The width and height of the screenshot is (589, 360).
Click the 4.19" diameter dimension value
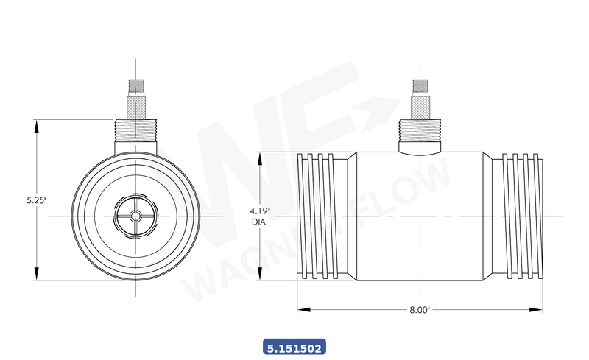click(259, 211)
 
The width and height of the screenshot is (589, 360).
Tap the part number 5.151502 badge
click(294, 345)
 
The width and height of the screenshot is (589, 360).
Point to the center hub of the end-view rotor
click(136, 215)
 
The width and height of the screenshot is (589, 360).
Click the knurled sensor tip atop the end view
click(136, 91)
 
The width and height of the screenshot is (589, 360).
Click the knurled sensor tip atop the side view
click(420, 91)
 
